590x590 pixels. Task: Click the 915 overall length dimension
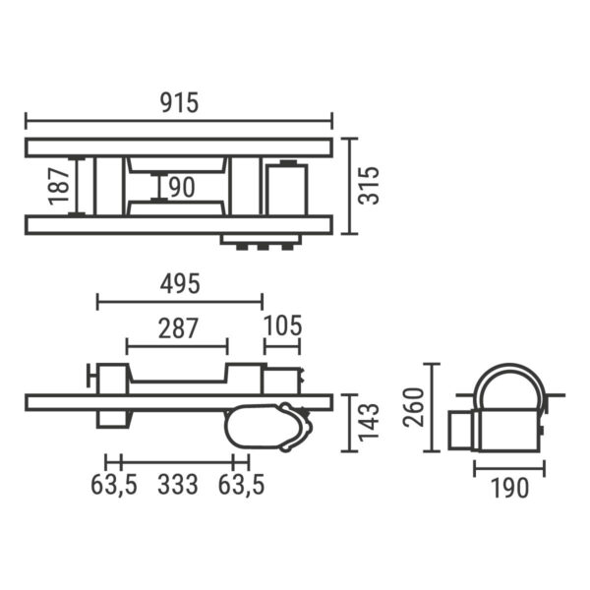[178, 102]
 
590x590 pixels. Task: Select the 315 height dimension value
[369, 185]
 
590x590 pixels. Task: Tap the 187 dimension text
[59, 186]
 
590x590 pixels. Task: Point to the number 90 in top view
[181, 187]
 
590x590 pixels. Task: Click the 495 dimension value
[179, 283]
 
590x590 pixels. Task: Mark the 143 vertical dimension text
[369, 423]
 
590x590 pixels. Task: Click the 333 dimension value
[177, 484]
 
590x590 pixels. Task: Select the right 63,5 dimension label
[241, 484]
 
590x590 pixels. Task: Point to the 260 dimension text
[414, 407]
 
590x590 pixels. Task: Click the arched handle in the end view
[509, 374]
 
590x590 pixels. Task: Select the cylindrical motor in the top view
[287, 187]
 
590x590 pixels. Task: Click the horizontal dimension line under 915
[178, 121]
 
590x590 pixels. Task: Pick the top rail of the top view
[178, 147]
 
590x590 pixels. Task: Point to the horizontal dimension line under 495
[179, 302]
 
